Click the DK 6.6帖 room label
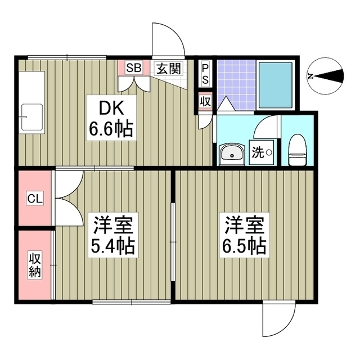110,119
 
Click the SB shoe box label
133,69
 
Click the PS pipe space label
205,73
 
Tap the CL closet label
34,199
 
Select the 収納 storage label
34,265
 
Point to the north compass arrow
331,76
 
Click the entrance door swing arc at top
167,39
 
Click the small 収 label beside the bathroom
205,101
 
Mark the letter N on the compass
311,76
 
